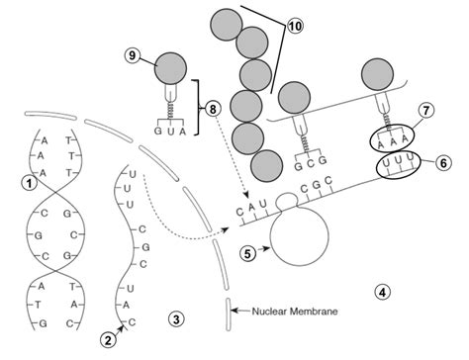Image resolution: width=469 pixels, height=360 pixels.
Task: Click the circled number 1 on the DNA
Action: pyautogui.click(x=32, y=182)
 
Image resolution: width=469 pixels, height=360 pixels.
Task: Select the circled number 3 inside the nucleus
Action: pyautogui.click(x=175, y=318)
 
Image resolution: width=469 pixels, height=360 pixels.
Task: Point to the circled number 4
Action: pyautogui.click(x=383, y=291)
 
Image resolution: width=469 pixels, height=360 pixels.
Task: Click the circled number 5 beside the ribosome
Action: pyautogui.click(x=251, y=251)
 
